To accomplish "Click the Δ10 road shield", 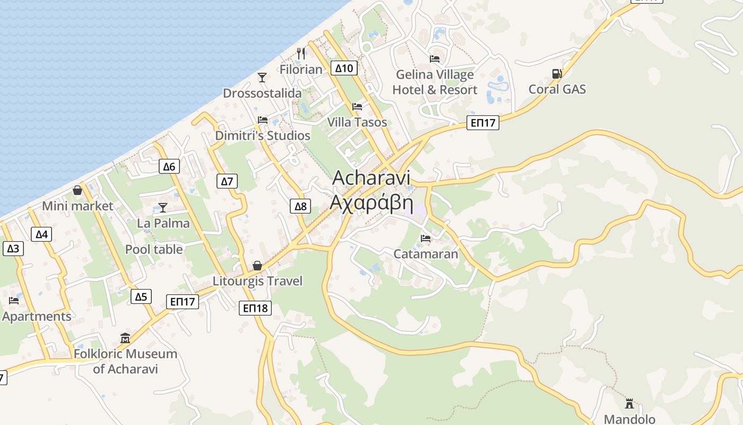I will point(344,68).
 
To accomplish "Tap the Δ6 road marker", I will point(169,166).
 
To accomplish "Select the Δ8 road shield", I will point(300,206).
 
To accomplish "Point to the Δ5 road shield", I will point(141,296).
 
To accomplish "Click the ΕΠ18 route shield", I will point(255,308).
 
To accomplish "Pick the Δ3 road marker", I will point(13,248).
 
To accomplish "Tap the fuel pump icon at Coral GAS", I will point(556,74).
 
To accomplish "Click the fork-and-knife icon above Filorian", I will point(301,53).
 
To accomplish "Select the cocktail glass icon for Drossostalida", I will point(262,78).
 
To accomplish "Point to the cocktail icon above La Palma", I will point(163,207).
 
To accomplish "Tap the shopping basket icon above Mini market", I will point(77,190).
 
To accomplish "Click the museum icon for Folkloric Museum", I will point(125,338).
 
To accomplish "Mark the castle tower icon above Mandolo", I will point(629,404).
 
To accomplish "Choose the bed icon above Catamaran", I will point(426,239).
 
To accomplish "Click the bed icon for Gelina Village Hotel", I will point(435,59).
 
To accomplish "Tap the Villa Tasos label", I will point(357,122).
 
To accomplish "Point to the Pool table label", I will point(154,249).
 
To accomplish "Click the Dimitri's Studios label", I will point(263,135).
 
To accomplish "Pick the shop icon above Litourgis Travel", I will point(257,265).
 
